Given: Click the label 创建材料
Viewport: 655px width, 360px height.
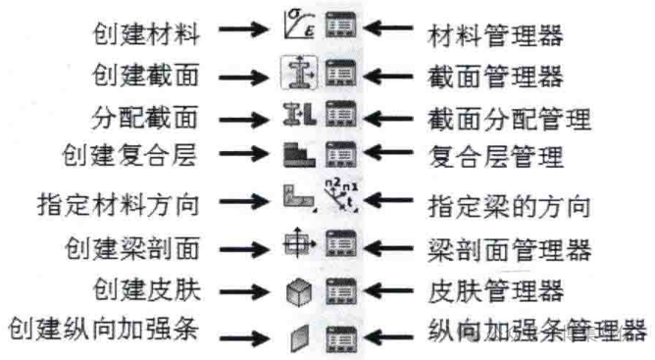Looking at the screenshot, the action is point(146,34).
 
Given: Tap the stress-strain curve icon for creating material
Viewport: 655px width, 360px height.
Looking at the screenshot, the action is point(299,25).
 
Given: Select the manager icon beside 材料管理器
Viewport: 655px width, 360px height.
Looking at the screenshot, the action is point(341,26).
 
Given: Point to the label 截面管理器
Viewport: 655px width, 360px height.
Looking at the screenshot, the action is point(495,77).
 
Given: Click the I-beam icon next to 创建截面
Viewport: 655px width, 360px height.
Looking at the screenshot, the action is point(299,73).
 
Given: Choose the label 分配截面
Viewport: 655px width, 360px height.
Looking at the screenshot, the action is point(144,118).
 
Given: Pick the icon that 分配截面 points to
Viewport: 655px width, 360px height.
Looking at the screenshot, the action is point(299,114).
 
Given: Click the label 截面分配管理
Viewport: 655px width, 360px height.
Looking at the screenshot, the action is point(509,119).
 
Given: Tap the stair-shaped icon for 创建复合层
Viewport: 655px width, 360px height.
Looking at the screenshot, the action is point(299,155).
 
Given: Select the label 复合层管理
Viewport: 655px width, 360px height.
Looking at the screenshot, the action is point(495,156).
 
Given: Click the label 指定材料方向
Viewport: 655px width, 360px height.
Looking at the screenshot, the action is point(119,204).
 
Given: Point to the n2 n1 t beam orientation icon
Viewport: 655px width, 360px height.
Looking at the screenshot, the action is point(341,194).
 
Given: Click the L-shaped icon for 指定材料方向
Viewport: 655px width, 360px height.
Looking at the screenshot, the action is point(299,196).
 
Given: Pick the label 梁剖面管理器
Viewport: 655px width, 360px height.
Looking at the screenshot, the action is point(509,249).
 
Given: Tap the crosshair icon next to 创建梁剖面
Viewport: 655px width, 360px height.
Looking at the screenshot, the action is point(297,243).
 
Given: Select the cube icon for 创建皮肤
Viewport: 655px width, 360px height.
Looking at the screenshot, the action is point(299,292).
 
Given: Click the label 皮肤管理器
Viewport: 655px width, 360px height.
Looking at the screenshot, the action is point(495,290).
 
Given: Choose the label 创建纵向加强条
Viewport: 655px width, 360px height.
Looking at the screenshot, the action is point(103,329).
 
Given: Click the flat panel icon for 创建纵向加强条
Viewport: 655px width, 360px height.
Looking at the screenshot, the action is point(299,337).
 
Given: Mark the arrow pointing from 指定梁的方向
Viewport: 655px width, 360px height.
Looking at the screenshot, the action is point(388,201).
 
